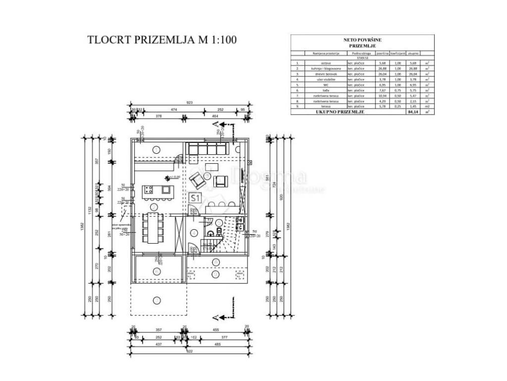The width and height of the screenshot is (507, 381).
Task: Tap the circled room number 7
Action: point(157,271)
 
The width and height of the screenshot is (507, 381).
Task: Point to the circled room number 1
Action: point(156,149)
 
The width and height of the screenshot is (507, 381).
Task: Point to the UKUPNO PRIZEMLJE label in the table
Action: point(340,113)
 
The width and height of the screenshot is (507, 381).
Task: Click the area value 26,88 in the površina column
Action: point(381,68)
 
